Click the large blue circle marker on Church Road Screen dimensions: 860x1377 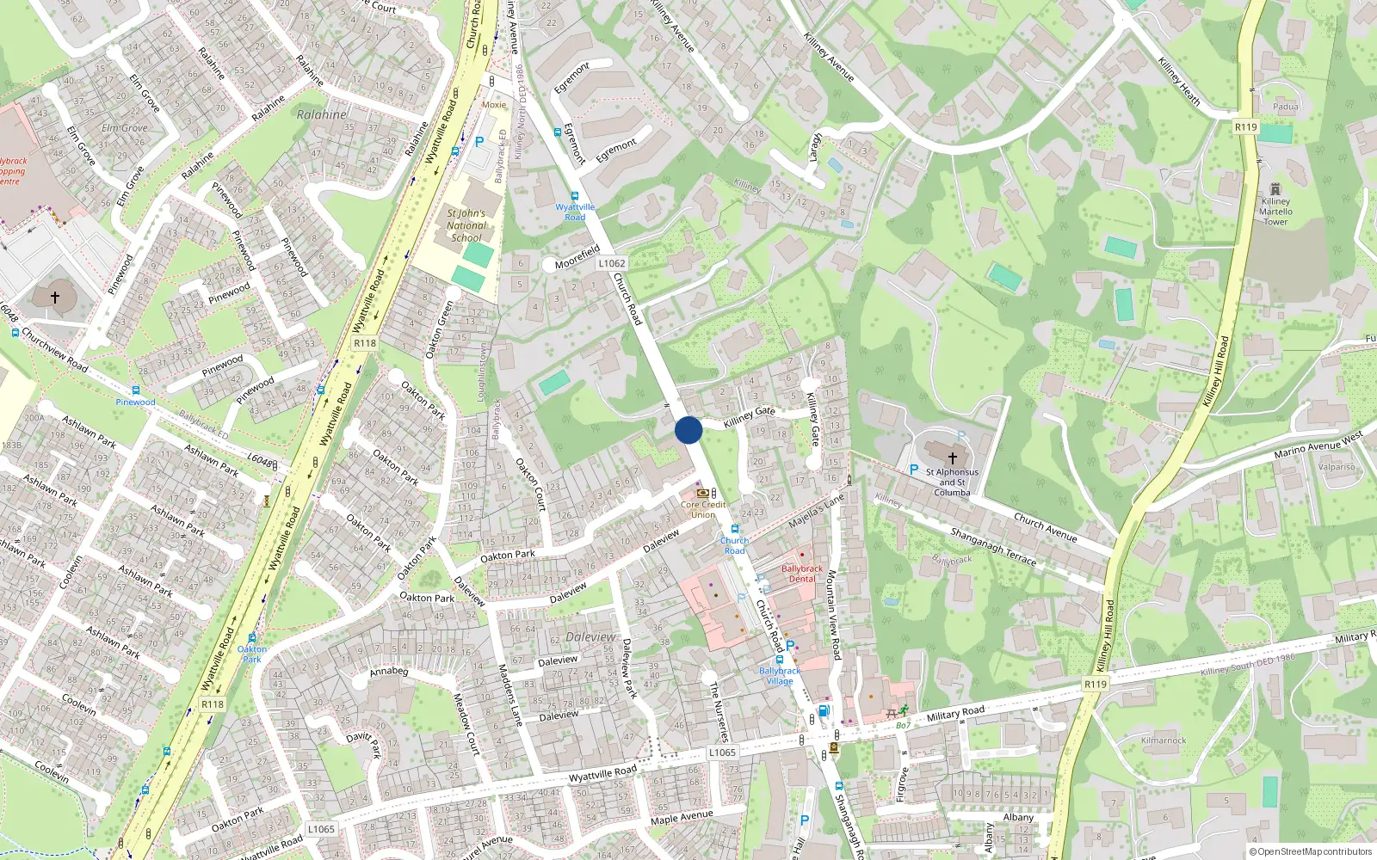[688, 430]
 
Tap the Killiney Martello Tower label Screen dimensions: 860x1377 [1275, 211]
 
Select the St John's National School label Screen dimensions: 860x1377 [466, 225]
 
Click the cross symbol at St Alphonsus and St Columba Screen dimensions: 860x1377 [952, 458]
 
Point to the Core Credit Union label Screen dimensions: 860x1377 [703, 510]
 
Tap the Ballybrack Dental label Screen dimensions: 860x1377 [802, 574]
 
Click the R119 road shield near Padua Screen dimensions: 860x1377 [1245, 127]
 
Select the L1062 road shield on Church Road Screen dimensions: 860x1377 [611, 264]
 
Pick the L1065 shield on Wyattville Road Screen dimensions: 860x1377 [722, 752]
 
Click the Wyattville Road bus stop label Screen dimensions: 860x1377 [575, 212]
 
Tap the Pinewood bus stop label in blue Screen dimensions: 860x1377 [136, 402]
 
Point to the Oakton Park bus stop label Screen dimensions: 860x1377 [251, 654]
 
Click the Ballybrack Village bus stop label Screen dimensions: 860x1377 [780, 676]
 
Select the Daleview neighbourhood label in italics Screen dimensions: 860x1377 [590, 637]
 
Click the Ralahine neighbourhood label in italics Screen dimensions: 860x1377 [322, 114]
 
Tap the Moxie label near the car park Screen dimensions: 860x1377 [494, 105]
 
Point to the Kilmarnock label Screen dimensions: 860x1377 [1164, 740]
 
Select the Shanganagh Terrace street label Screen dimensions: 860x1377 [993, 546]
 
